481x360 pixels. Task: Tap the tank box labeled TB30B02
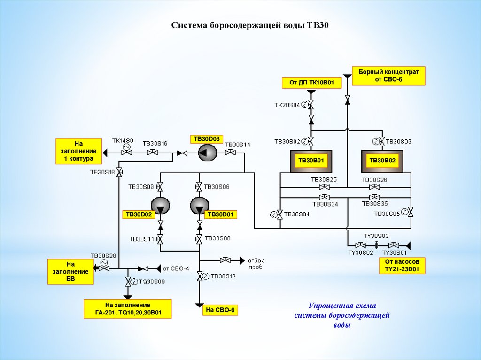(382, 161)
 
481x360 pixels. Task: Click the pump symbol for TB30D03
(206, 153)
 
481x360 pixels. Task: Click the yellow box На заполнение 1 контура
(79, 151)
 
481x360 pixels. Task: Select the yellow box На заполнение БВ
(70, 272)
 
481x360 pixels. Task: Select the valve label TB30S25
(324, 180)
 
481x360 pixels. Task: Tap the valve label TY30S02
(360, 253)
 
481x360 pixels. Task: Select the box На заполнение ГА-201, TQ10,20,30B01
(127, 309)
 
